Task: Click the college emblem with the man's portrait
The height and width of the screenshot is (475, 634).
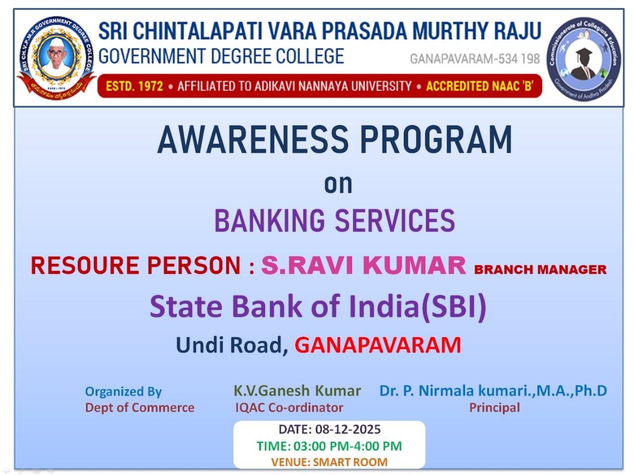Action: click(x=56, y=58)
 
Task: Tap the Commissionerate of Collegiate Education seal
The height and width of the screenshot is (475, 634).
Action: click(x=584, y=59)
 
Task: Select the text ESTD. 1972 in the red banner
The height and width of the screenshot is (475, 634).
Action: click(x=134, y=86)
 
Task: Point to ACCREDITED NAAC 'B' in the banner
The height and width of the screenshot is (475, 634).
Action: click(x=479, y=86)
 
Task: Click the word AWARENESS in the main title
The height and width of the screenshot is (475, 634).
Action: click(x=253, y=140)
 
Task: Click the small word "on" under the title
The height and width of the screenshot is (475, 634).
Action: click(x=338, y=184)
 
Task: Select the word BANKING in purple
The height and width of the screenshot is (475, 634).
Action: click(x=270, y=221)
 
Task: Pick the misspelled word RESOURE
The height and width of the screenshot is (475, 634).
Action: click(x=85, y=265)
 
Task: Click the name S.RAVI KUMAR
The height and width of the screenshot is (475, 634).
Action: click(x=364, y=265)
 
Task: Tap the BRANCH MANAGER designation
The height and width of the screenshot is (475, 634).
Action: click(x=540, y=269)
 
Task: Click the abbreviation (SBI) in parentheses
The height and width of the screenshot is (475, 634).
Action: click(x=454, y=306)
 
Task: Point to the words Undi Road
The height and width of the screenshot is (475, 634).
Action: click(x=232, y=345)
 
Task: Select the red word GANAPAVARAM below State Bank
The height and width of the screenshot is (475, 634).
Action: click(x=377, y=345)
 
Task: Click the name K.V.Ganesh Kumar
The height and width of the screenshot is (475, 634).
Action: click(x=297, y=391)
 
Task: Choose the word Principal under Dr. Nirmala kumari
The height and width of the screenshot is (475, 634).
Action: click(x=494, y=408)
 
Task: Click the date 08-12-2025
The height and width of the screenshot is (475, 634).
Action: click(x=348, y=429)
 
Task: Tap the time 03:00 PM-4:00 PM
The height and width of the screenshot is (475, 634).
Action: click(x=348, y=446)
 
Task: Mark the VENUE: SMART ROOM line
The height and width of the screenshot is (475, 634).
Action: click(x=329, y=462)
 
